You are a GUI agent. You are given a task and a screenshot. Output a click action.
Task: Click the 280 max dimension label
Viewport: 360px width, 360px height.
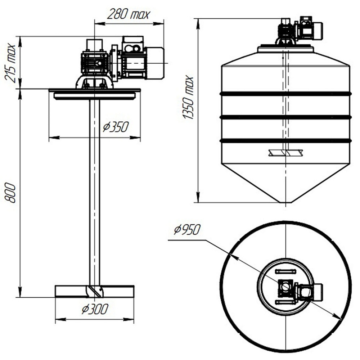tap(129, 14)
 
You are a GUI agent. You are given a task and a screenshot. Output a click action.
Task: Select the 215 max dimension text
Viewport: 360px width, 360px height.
tap(10, 63)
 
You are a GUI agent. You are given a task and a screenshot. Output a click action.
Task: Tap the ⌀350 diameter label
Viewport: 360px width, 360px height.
tap(116, 127)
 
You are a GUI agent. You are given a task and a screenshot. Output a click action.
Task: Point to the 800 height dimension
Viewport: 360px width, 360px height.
tap(10, 192)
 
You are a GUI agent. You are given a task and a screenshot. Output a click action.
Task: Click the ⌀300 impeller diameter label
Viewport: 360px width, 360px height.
tap(95, 309)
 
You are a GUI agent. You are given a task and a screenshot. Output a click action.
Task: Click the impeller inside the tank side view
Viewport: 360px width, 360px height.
tap(285, 153)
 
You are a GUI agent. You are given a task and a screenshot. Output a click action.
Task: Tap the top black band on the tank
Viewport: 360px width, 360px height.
tap(285, 94)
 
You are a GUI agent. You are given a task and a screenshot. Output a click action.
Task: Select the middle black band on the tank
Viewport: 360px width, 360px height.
tap(285, 117)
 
